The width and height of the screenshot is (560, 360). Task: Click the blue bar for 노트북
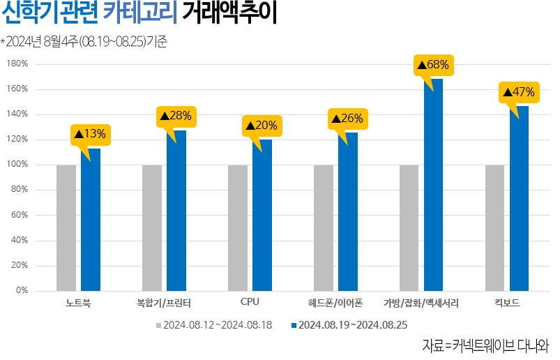point(91,219)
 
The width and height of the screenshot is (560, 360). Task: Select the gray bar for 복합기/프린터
point(152,227)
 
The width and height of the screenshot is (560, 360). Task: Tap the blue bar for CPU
point(262,215)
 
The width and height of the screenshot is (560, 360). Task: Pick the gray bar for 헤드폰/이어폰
point(324,227)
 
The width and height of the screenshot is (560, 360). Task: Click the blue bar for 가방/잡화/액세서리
point(434,185)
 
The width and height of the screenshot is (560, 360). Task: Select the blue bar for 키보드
point(520,198)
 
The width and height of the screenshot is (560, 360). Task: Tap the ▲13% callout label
point(90,133)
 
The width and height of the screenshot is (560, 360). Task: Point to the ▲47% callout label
point(519,91)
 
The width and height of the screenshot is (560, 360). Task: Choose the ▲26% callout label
point(347,119)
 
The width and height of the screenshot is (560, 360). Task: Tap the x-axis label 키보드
point(507,303)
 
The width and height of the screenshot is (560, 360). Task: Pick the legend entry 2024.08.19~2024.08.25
point(353,324)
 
